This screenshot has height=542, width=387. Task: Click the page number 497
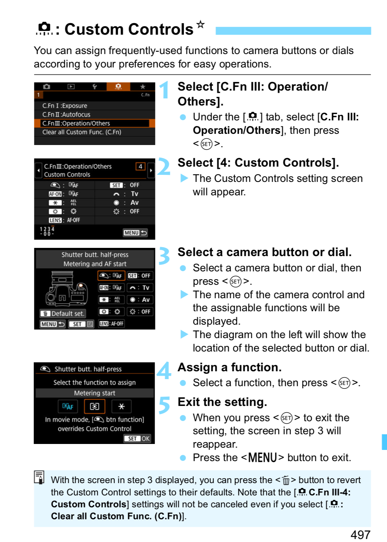tap(361, 535)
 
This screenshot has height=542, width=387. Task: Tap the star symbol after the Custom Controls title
tap(200, 25)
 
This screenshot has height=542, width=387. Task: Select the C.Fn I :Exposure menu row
tap(95, 106)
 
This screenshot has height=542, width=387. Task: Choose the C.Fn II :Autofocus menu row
tap(95, 114)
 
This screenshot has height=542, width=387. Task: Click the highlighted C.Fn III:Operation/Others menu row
tap(95, 123)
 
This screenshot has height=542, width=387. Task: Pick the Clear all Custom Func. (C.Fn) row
tap(95, 132)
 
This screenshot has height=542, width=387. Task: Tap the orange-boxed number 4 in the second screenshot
tap(140, 167)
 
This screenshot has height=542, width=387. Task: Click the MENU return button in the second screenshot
tap(135, 233)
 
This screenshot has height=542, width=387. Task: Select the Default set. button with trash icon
tap(63, 313)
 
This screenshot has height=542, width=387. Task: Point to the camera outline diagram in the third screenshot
tap(66, 289)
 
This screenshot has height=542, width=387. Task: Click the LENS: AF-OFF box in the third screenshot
tap(111, 324)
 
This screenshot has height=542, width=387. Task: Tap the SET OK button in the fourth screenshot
tap(137, 439)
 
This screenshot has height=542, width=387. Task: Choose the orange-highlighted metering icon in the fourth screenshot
tap(95, 406)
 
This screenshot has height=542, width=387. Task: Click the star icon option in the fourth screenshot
tap(121, 406)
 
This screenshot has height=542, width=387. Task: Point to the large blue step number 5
tap(165, 405)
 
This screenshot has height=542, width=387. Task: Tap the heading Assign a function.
tap(230, 367)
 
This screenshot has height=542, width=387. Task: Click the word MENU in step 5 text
tap(262, 457)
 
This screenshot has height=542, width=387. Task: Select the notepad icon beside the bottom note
tap(39, 477)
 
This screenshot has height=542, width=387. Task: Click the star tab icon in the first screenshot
tap(143, 86)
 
